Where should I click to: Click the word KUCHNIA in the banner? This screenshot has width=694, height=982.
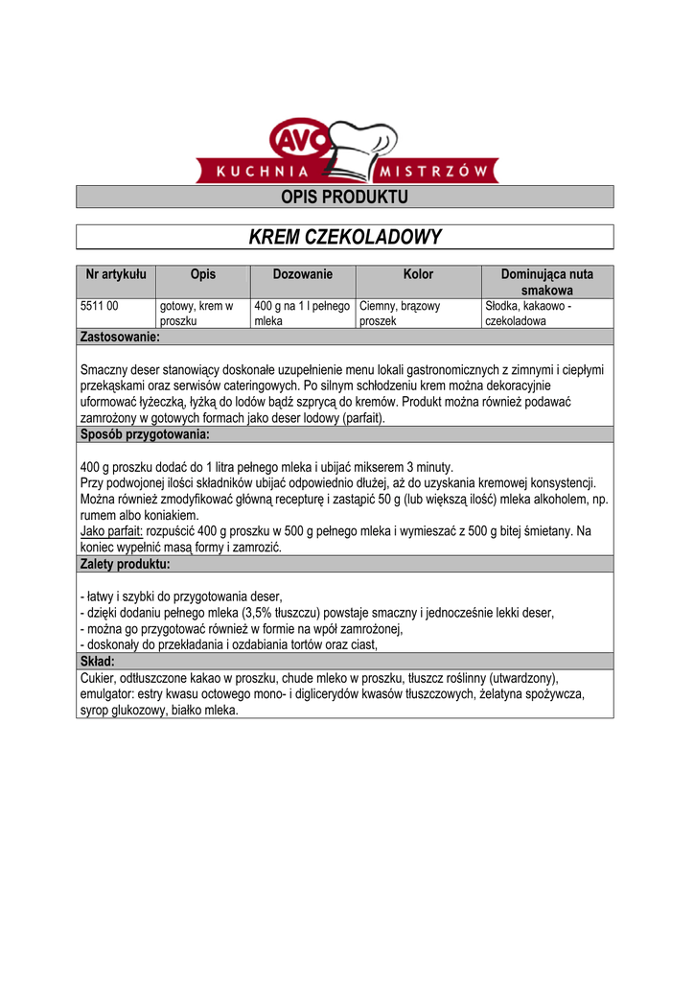(x=263, y=173)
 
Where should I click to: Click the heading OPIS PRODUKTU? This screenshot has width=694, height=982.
(x=344, y=198)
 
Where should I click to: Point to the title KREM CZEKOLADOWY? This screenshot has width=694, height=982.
(x=344, y=237)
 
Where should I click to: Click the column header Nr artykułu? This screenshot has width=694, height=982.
(x=116, y=274)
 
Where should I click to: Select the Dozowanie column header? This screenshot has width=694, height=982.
(x=302, y=274)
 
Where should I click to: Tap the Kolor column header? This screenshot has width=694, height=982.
(x=418, y=274)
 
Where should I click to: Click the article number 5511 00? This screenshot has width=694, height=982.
(x=100, y=306)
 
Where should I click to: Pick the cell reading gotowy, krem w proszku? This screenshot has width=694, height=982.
(x=196, y=314)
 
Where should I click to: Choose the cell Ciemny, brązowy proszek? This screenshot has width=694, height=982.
(x=400, y=314)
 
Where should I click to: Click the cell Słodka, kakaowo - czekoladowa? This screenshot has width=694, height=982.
(x=528, y=314)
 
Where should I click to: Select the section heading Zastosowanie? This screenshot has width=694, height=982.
(x=120, y=337)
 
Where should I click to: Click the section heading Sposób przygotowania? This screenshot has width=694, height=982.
(x=145, y=434)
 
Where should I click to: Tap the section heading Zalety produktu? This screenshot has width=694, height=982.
(x=126, y=564)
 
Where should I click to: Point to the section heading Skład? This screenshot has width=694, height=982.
(x=98, y=662)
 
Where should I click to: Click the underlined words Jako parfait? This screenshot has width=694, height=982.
(x=111, y=531)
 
